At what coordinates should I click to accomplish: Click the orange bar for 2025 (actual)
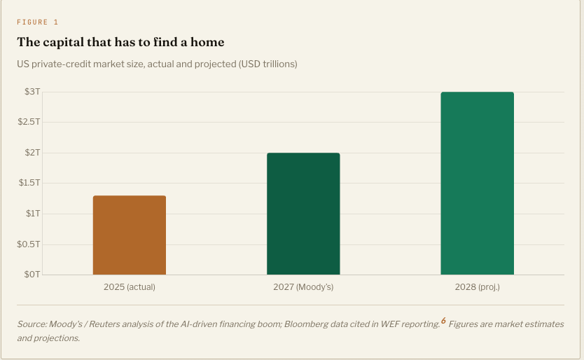[x=130, y=235]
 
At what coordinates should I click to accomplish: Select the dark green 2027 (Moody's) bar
[x=303, y=214]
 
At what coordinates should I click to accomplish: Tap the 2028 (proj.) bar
[x=477, y=184]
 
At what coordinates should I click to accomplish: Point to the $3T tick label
[x=32, y=92]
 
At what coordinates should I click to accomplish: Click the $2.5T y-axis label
[x=29, y=123]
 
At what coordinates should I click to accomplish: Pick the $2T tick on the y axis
[x=32, y=153]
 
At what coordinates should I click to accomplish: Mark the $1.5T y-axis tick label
[x=29, y=183]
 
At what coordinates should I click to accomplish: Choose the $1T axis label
[x=33, y=214]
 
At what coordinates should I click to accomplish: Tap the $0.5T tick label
[x=28, y=244]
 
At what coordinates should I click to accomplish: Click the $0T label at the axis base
[x=32, y=275]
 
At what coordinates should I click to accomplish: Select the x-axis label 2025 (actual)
[x=130, y=287]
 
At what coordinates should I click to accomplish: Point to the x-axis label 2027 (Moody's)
[x=303, y=287]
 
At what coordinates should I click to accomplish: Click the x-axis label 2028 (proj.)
[x=477, y=287]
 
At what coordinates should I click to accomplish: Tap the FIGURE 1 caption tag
[x=38, y=22]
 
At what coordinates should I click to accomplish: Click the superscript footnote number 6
[x=443, y=321]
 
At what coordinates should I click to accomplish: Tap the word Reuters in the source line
[x=104, y=324]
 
